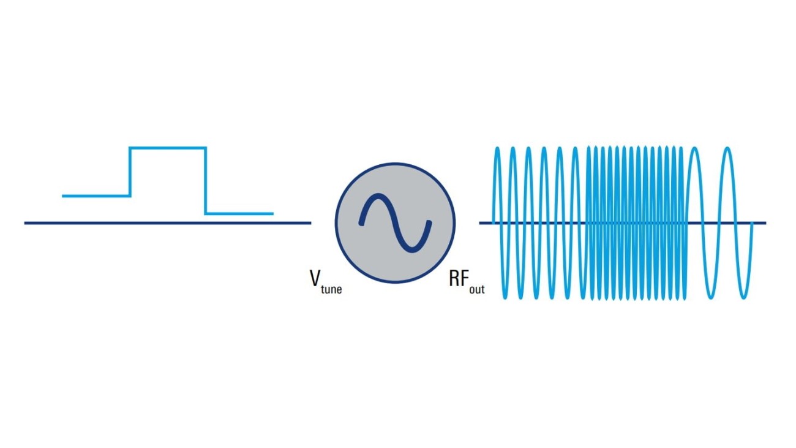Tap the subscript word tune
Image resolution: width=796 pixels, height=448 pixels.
pos(332,289)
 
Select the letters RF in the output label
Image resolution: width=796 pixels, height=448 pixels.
pos(459,279)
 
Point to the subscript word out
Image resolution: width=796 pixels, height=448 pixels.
pos(476,289)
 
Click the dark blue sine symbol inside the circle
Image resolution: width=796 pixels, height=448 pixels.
pos(395,223)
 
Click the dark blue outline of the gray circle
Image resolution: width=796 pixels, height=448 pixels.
pos(395,164)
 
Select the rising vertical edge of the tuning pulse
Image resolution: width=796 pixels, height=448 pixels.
pos(130,172)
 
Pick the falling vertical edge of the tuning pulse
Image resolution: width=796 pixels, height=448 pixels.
pos(205,181)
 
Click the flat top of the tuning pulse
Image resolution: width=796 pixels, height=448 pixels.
pos(167,148)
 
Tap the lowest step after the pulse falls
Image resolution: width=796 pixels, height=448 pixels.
pos(239,214)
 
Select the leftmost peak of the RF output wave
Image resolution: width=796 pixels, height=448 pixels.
pos(497,149)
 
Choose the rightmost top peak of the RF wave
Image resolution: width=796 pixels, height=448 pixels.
pos(727,149)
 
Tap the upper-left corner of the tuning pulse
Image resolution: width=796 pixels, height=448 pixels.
pos(130,148)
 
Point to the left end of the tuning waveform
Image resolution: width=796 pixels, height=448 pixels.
pos(64,196)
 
